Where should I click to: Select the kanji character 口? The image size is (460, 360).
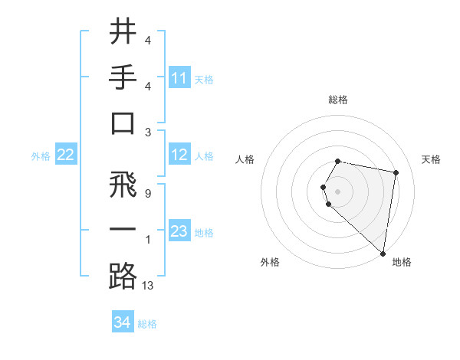pyautogui.click(x=123, y=123)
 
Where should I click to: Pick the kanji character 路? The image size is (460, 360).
pyautogui.click(x=123, y=276)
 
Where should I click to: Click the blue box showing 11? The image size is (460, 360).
pyautogui.click(x=179, y=77)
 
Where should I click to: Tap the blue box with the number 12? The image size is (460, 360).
pyautogui.click(x=179, y=155)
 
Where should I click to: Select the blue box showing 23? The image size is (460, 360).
pyautogui.click(x=179, y=231)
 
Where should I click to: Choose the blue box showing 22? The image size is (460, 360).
pyautogui.click(x=66, y=155)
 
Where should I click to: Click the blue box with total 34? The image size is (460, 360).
pyautogui.click(x=123, y=322)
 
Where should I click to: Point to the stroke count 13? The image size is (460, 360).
pyautogui.click(x=148, y=286)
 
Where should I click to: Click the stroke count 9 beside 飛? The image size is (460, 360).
pyautogui.click(x=147, y=194)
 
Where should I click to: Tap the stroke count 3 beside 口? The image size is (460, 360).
pyautogui.click(x=147, y=133)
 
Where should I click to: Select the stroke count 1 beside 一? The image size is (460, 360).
pyautogui.click(x=147, y=240)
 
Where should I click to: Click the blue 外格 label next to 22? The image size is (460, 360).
pyautogui.click(x=41, y=156)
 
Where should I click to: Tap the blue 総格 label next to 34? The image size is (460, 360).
pyautogui.click(x=147, y=324)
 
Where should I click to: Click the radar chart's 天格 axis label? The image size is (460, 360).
pyautogui.click(x=431, y=159)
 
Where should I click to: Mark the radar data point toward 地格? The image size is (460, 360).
pyautogui.click(x=383, y=253)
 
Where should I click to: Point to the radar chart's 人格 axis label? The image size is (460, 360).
pyautogui.click(x=245, y=159)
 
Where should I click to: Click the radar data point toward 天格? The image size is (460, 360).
pyautogui.click(x=396, y=172)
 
